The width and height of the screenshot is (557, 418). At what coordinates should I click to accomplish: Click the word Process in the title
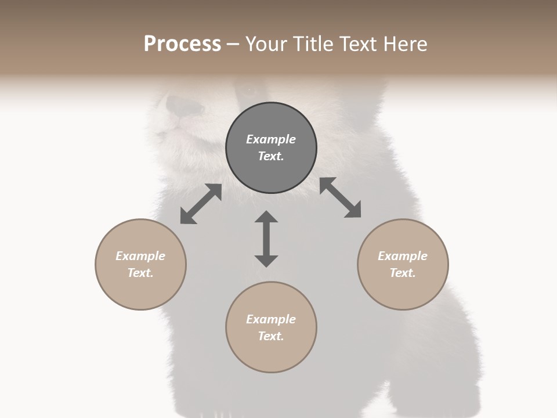pyautogui.click(x=182, y=44)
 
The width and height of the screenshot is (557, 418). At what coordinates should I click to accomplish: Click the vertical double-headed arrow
pyautogui.click(x=266, y=239)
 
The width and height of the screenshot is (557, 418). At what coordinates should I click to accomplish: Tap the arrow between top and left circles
pyautogui.click(x=201, y=204)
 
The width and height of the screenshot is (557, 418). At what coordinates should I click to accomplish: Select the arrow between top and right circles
pyautogui.click(x=341, y=197)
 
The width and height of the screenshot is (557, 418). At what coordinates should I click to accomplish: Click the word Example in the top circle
pyautogui.click(x=271, y=139)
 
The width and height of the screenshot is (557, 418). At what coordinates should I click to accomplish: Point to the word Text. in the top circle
pyautogui.click(x=271, y=156)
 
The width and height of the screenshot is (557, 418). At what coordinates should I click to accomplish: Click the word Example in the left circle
pyautogui.click(x=140, y=256)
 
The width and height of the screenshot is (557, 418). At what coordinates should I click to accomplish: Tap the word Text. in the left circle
pyautogui.click(x=140, y=273)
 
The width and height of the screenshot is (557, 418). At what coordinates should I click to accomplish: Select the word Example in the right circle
pyautogui.click(x=403, y=256)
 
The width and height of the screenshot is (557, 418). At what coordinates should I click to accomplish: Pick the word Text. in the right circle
pyautogui.click(x=403, y=273)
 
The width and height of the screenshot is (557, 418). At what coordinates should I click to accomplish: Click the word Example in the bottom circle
pyautogui.click(x=271, y=319)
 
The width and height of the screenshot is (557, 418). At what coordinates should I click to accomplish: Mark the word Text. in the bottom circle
pyautogui.click(x=271, y=336)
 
